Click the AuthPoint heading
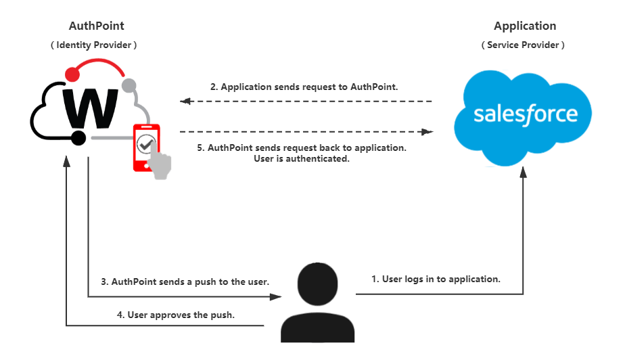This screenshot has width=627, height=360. pos(96,26)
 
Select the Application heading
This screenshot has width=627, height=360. pos(524,26)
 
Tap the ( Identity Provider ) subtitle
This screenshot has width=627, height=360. pos(94,45)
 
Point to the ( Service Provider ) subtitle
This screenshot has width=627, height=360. pos(523,45)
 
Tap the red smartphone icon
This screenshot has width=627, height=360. pos(145,146)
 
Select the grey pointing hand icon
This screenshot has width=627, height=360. pos(161,164)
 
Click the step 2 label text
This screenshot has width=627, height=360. pos(304,87)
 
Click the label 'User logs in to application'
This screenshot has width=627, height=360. pos(436,278)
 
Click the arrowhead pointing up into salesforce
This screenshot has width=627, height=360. pos(523,172)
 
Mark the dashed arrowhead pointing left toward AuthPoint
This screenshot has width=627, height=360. pos(183,102)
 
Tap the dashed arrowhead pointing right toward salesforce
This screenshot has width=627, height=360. pos(427,132)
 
